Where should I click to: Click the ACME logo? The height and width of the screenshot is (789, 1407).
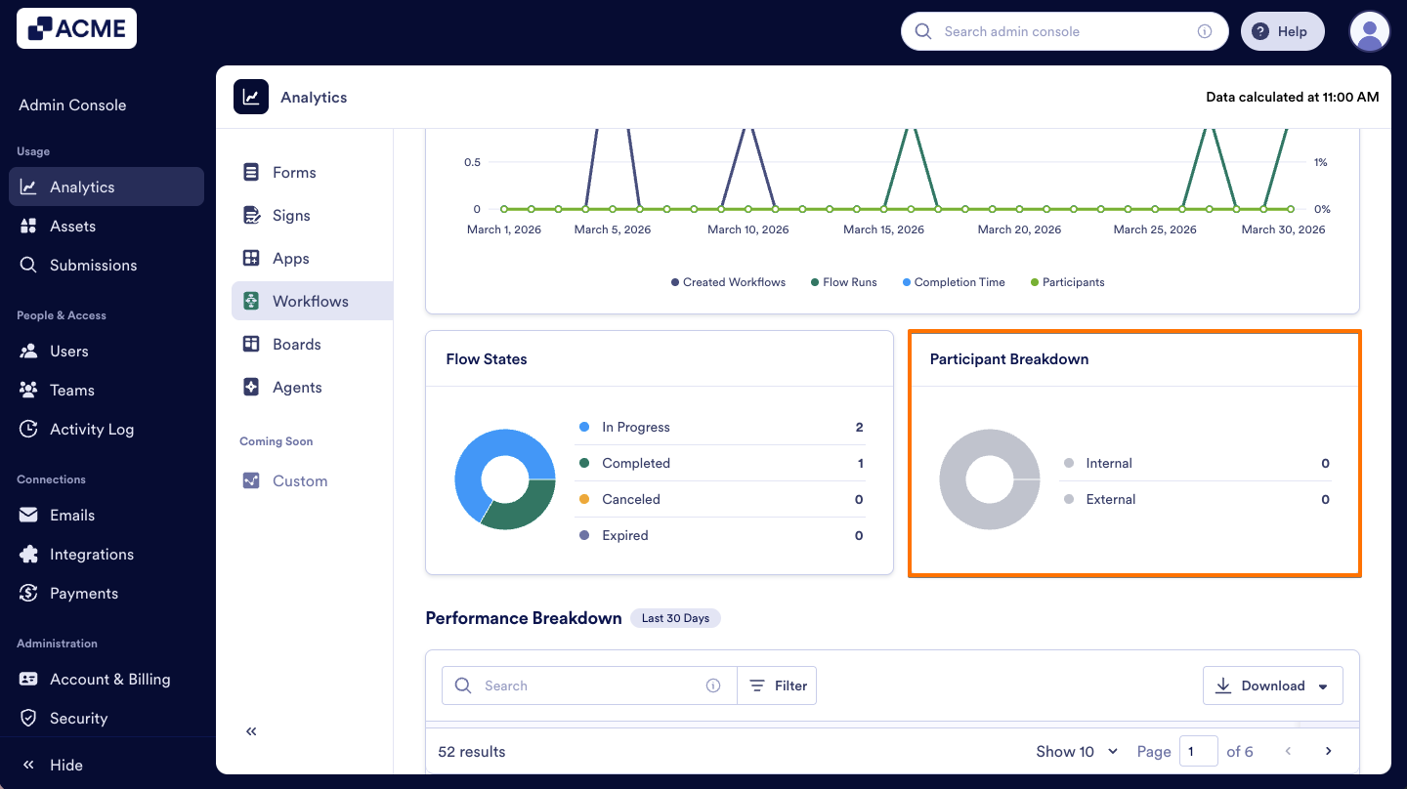coord(76,28)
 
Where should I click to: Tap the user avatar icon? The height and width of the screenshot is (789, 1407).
coord(1369,32)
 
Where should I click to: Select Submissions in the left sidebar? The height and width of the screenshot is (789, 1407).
coord(93,265)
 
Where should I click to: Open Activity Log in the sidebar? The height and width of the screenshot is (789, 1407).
coord(91,429)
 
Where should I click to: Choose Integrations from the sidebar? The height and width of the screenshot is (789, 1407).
coord(91,554)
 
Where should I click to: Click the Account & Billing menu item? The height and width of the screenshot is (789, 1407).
coord(109,679)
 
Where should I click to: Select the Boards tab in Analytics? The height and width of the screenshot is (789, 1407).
coord(296,344)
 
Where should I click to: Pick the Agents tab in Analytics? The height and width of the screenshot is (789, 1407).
coord(296,387)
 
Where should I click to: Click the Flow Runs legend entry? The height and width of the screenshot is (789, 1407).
coord(848,282)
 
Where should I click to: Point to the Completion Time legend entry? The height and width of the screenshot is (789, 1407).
coord(958,282)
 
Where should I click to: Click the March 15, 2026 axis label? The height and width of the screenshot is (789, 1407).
coord(882,229)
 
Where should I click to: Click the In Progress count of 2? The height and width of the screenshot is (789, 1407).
coord(859,427)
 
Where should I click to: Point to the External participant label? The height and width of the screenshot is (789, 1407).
coord(1110,499)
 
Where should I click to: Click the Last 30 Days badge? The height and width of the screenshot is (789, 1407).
coord(675,618)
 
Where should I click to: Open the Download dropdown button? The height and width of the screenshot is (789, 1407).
coord(1272,685)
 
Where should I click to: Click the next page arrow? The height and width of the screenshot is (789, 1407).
coord(1328,751)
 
